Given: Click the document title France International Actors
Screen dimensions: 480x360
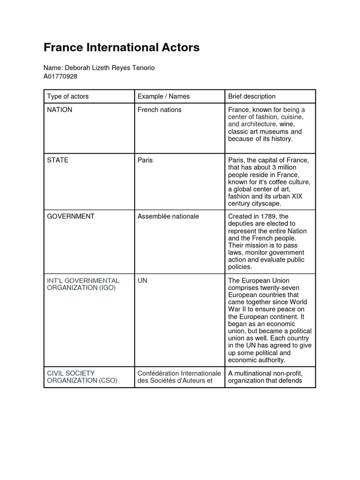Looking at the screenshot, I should (121, 47).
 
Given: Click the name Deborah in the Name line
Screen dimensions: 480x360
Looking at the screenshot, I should (78, 68).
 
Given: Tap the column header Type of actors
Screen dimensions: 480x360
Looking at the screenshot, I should (67, 97).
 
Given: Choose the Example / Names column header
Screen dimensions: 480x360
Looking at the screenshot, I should (163, 97).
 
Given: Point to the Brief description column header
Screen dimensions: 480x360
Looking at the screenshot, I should (252, 97).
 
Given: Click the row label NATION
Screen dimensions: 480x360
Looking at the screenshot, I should (60, 110).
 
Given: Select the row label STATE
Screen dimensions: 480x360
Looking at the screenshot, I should (58, 160).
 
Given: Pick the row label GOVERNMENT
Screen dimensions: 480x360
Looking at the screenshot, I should (71, 217).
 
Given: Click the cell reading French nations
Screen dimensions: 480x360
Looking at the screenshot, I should (159, 110).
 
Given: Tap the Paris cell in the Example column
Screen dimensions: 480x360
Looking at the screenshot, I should (145, 160).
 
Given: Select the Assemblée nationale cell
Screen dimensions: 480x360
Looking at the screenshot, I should (168, 217).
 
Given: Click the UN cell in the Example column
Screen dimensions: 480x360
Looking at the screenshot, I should (142, 281).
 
